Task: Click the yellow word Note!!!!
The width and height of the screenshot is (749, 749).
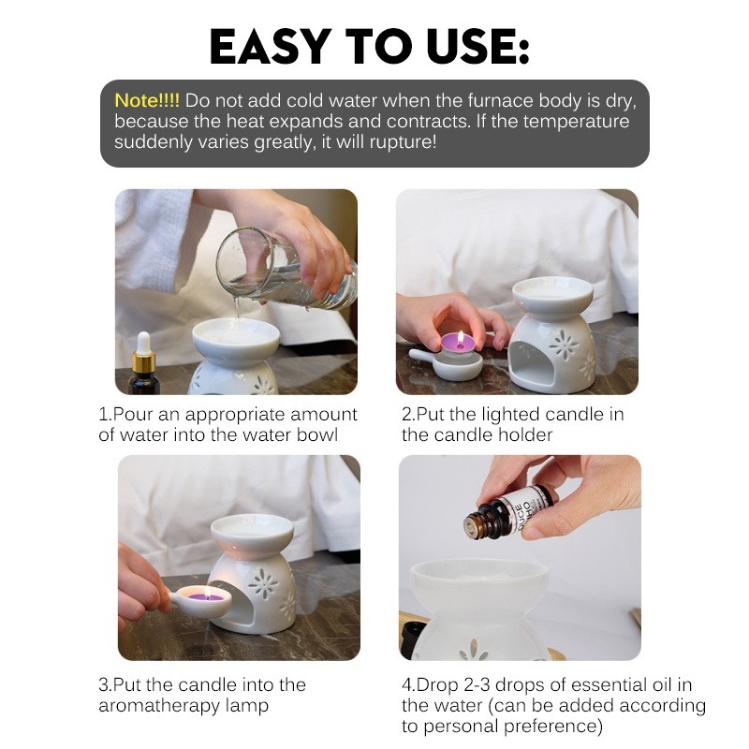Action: (147, 101)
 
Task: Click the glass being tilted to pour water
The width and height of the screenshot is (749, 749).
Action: (286, 270)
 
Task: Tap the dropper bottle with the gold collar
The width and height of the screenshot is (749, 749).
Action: (143, 364)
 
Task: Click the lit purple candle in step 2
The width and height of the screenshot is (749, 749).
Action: (458, 345)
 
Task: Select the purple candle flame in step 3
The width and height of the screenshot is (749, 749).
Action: (207, 594)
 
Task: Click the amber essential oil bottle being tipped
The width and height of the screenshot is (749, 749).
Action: (507, 512)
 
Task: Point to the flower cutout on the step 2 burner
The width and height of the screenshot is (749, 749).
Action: (564, 345)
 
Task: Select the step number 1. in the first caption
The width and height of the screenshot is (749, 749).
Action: (105, 414)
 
